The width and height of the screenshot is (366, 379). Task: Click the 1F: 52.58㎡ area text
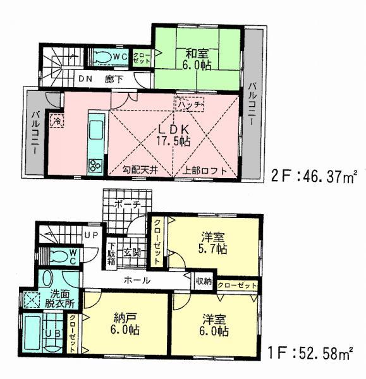310,351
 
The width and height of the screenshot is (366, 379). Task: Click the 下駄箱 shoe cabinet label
112,253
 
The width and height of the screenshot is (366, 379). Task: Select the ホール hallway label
138,280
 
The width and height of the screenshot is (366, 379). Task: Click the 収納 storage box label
204,280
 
